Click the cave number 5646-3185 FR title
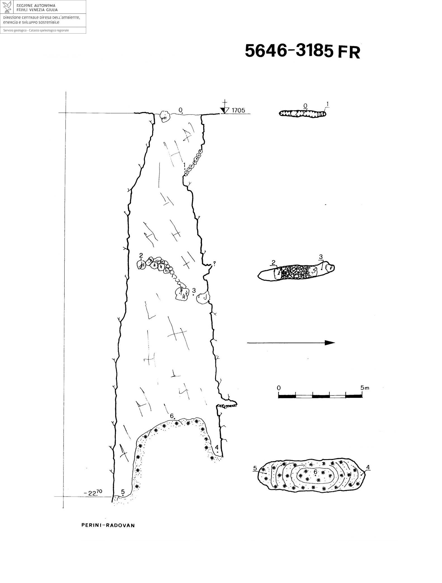pyautogui.click(x=302, y=51)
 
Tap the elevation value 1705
pyautogui.click(x=238, y=110)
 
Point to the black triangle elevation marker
pyautogui.click(x=224, y=110)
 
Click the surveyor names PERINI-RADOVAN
pyautogui.click(x=108, y=525)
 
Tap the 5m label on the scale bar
pyautogui.click(x=365, y=388)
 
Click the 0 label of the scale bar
pyautogui.click(x=279, y=388)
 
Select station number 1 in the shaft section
pyautogui.click(x=184, y=165)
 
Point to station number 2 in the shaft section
pyautogui.click(x=141, y=255)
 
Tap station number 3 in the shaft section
pyautogui.click(x=194, y=290)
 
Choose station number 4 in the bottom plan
pyautogui.click(x=368, y=467)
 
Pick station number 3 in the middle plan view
pyautogui.click(x=321, y=257)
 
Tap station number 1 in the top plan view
pyautogui.click(x=328, y=104)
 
